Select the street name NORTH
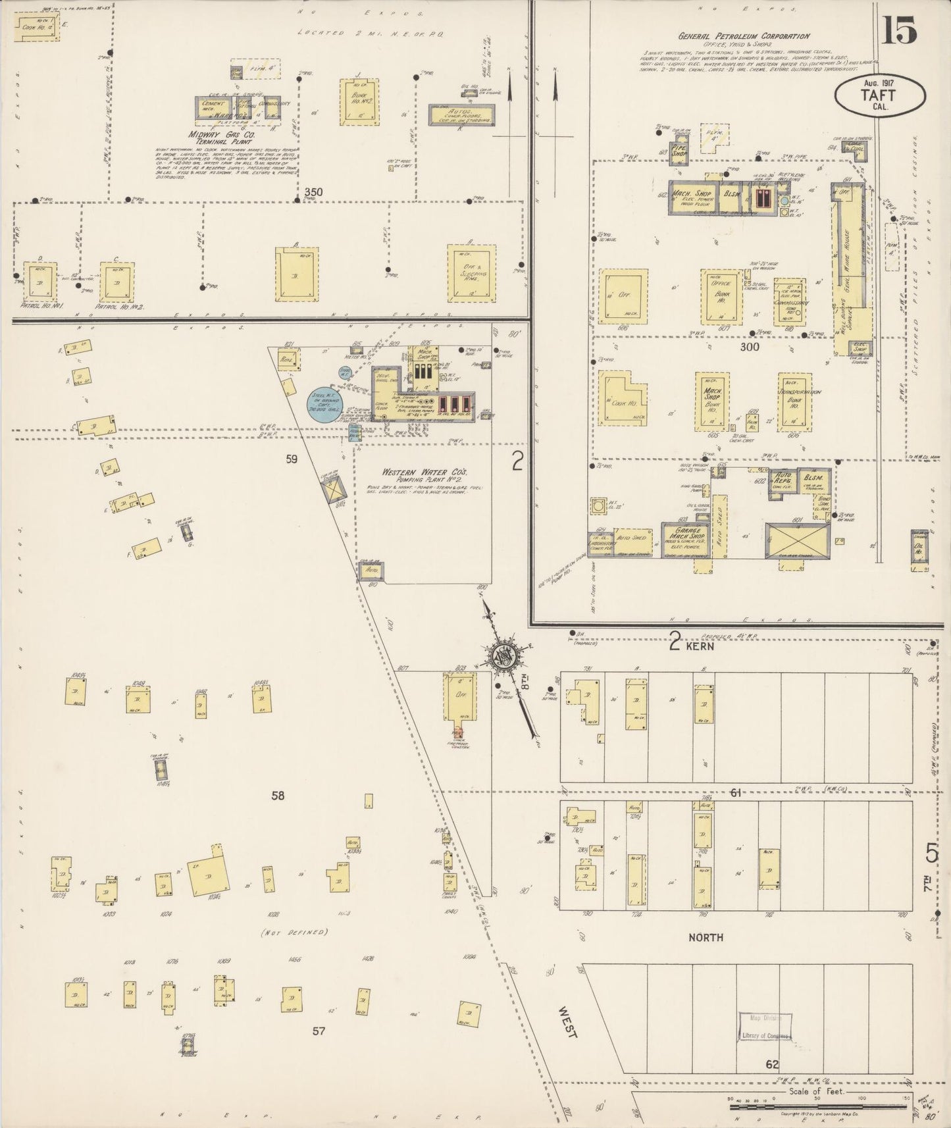706,937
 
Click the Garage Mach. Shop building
685,540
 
